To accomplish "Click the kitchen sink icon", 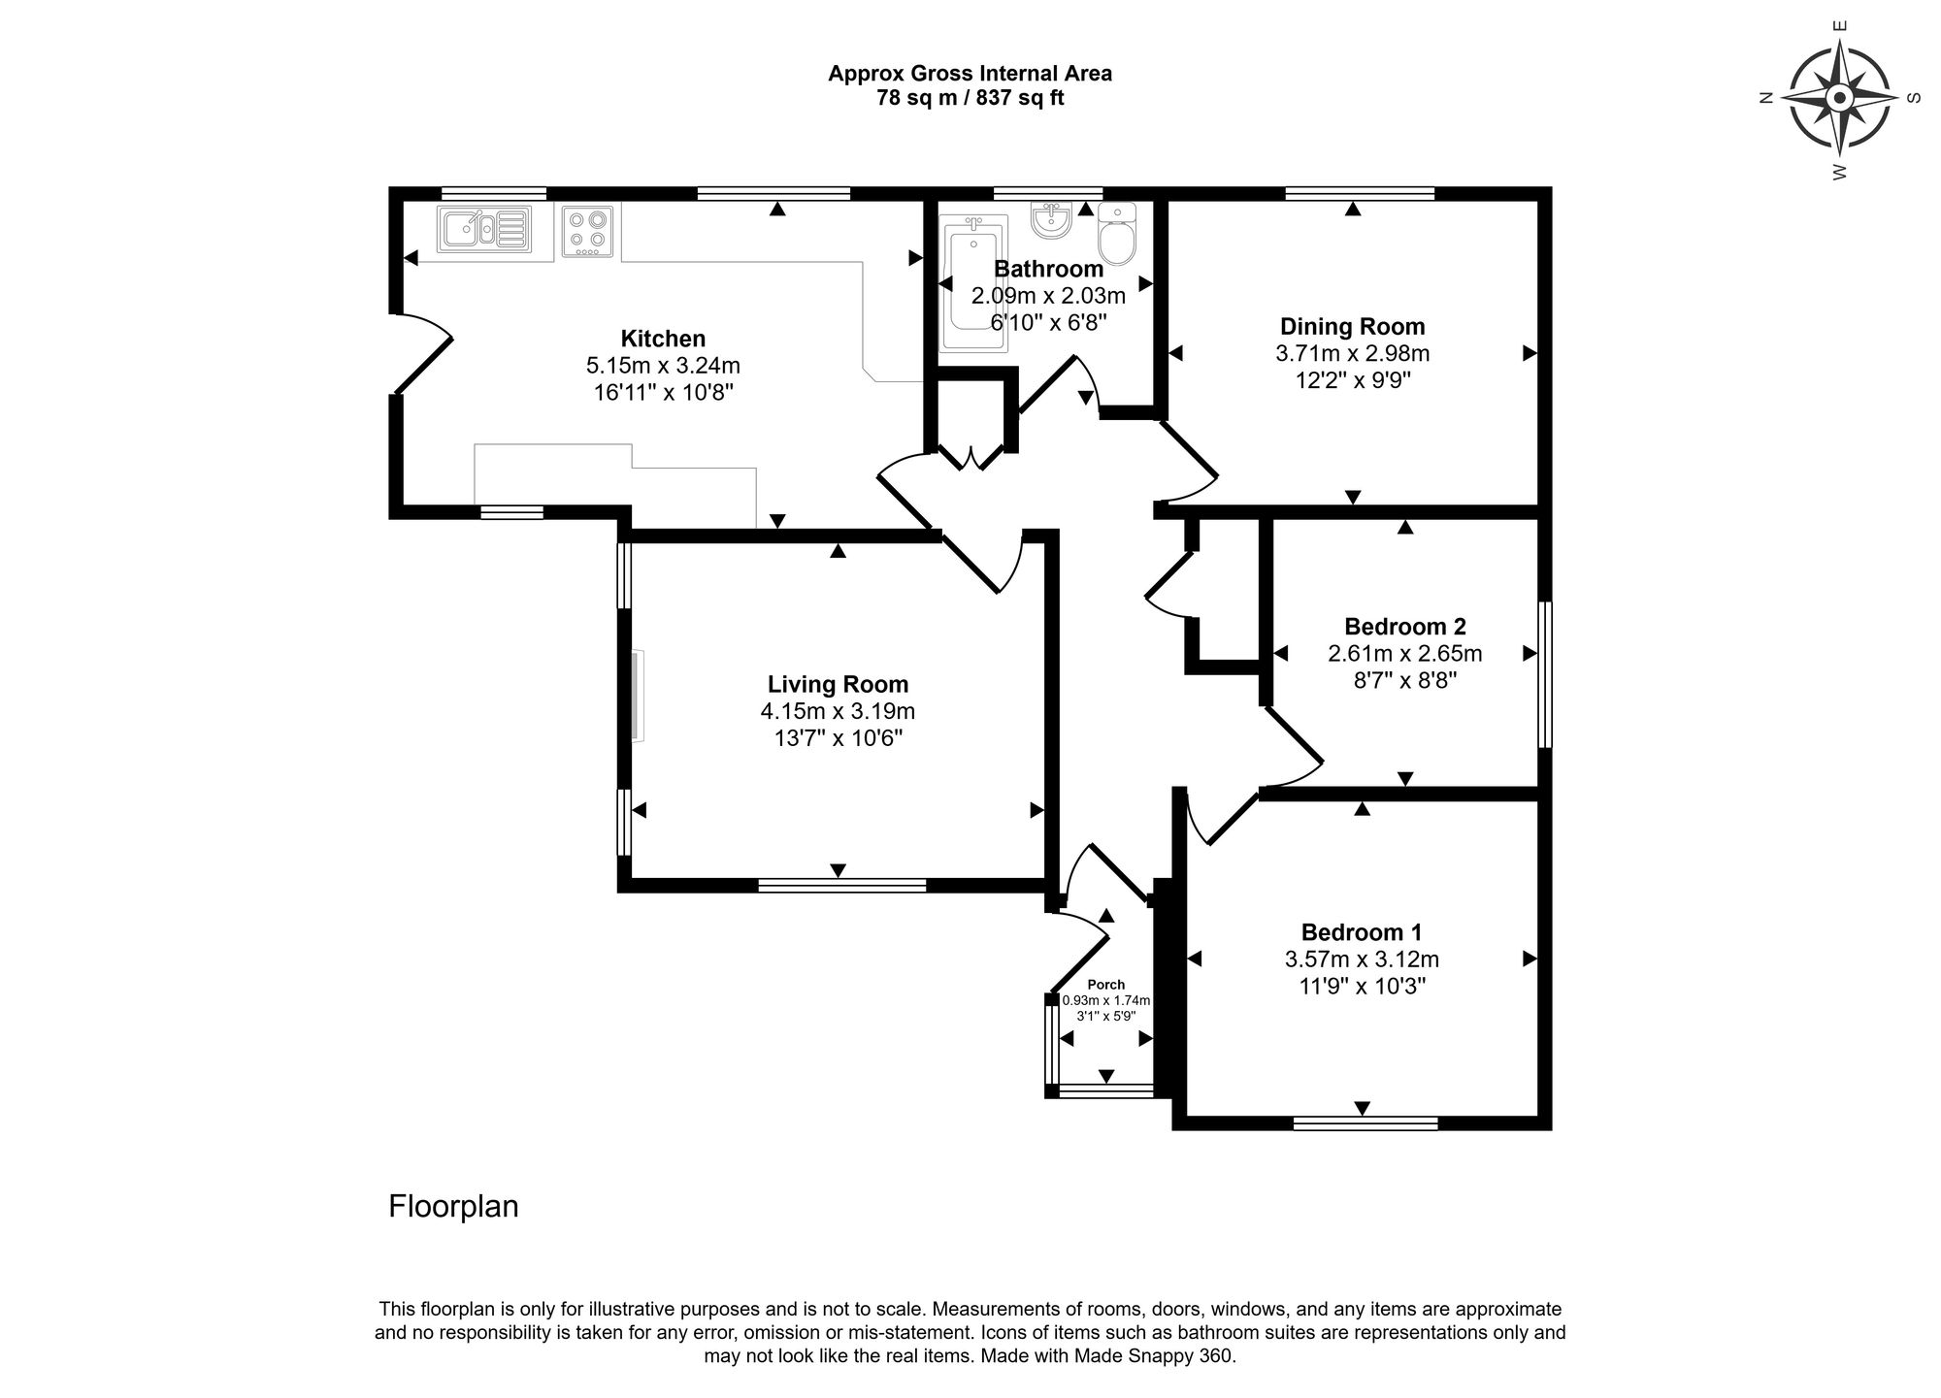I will [x=483, y=231].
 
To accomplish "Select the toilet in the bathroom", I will [x=1118, y=237].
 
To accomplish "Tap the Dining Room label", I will [x=1352, y=327].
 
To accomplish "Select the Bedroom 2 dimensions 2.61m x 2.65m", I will [x=1404, y=654].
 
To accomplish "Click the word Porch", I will [x=1106, y=985].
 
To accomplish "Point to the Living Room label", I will [x=838, y=684].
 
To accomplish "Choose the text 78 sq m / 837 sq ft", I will [x=970, y=98].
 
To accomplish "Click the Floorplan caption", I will [x=453, y=1207].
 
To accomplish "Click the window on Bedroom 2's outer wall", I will [x=1545, y=675].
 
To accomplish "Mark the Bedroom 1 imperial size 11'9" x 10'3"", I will [x=1362, y=987].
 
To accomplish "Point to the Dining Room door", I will [x=1190, y=464].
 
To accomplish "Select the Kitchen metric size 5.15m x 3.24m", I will [x=663, y=366].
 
